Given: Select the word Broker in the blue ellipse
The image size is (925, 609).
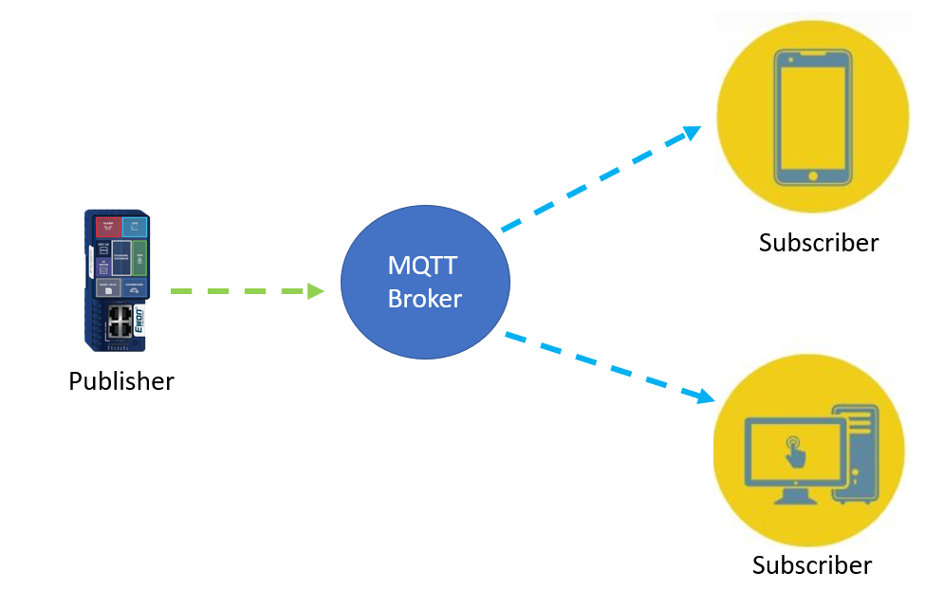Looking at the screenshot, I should tap(425, 299).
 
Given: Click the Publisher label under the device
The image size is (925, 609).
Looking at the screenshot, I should tap(121, 381).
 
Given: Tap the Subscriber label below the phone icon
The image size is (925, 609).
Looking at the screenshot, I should tap(819, 242).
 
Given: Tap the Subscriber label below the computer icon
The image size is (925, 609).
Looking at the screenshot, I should tap(812, 565).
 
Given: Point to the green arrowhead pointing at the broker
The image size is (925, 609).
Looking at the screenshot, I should tap(316, 291).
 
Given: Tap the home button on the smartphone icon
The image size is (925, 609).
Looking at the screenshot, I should tap(811, 175).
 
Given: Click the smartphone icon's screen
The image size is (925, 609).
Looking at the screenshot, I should tap(811, 114).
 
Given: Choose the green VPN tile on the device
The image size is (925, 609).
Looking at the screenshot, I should tap(139, 258).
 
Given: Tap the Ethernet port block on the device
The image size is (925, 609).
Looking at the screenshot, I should tap(120, 321).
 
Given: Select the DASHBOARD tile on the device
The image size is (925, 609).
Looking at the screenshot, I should tap(134, 288).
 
